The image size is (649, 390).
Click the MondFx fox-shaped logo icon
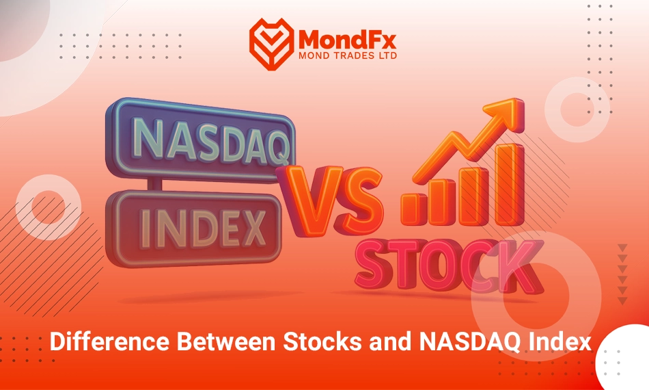[271, 44]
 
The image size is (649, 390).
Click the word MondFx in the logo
[347, 40]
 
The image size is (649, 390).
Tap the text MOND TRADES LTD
[348, 55]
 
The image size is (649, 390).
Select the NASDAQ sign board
[200, 140]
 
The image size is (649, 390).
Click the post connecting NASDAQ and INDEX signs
[154, 185]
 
